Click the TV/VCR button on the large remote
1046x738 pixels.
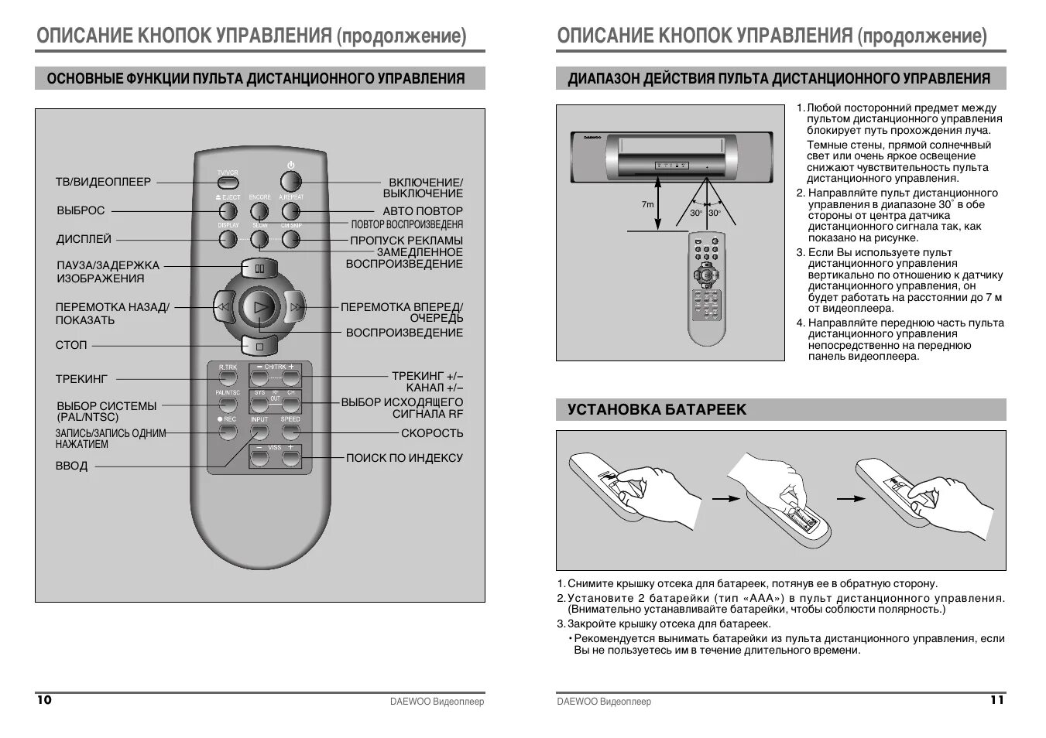228,183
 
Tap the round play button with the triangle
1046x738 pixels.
259,307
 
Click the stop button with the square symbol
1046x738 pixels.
259,345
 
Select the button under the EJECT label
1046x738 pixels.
228,210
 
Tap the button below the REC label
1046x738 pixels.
228,432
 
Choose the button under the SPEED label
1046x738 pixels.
290,432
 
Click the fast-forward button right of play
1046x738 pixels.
295,307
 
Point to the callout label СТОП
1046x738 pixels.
71,345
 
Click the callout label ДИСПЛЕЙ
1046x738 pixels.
84,240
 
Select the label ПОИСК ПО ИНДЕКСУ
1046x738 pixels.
404,458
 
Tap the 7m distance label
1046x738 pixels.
647,205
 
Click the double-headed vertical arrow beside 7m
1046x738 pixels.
658,204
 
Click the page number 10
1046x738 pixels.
44,700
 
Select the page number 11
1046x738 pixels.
997,700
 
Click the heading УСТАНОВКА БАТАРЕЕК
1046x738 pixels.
657,410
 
